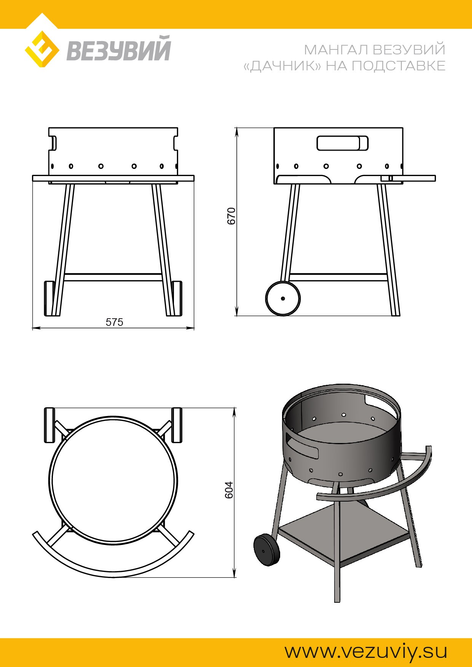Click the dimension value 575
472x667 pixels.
[115, 322]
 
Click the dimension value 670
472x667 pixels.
[231, 216]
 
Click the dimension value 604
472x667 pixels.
[228, 491]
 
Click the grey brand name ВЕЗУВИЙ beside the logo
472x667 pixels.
[119, 48]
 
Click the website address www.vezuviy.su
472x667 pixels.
[366, 651]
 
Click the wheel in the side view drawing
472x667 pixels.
[283, 299]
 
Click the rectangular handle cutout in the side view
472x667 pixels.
[343, 143]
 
